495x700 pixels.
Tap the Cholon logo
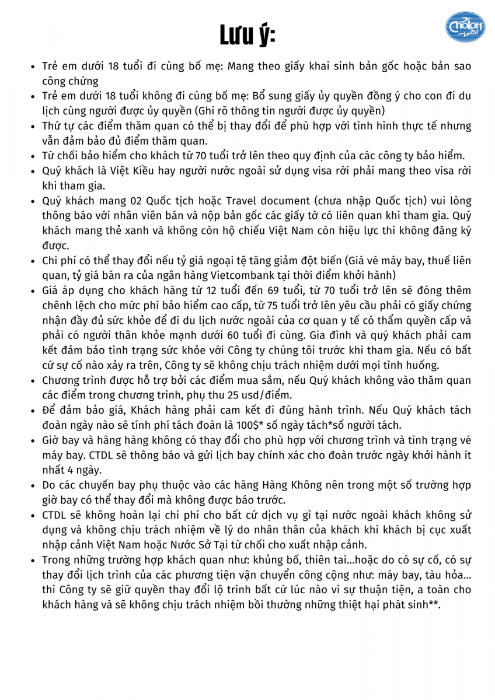pyautogui.click(x=465, y=27)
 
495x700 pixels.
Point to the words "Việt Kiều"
pyautogui.click(x=120, y=171)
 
